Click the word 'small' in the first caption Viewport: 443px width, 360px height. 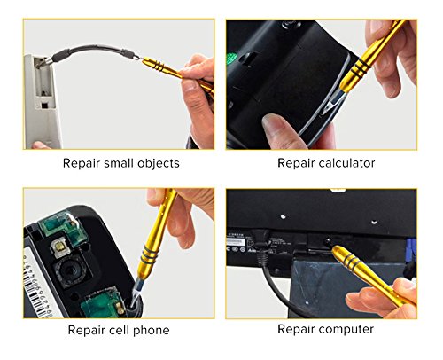pyautogui.click(x=120, y=163)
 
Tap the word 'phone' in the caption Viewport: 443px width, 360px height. pyautogui.click(x=150, y=330)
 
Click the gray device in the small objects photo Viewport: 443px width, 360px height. pyautogui.click(x=40, y=98)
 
